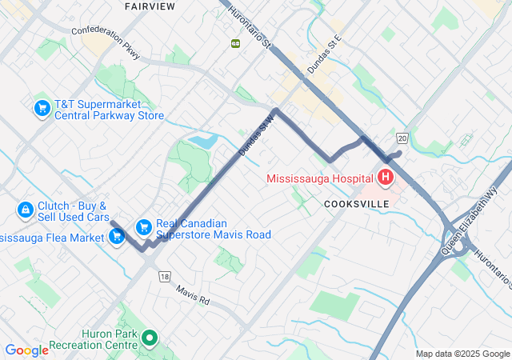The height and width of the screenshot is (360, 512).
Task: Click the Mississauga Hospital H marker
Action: [386, 177]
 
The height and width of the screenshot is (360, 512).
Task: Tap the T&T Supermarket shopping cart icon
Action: [42, 107]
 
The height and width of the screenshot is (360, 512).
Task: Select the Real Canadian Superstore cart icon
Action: [144, 227]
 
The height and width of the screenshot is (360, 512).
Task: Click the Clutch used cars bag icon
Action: [26, 210]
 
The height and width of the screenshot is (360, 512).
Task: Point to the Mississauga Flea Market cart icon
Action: [117, 236]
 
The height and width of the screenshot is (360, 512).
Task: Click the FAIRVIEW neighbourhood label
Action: [150, 6]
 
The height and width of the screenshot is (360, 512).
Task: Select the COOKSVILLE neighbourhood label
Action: [357, 204]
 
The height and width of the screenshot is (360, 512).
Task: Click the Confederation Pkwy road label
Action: [106, 42]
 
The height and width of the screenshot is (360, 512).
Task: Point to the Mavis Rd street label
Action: [192, 295]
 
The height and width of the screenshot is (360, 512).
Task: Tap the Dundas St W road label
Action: [256, 134]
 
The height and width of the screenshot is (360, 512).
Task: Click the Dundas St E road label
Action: [325, 54]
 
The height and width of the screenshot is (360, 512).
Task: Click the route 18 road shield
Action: [164, 276]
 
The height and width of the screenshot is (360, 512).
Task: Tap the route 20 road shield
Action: [402, 138]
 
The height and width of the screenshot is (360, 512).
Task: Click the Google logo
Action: [26, 350]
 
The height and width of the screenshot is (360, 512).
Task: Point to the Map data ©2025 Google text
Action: [462, 354]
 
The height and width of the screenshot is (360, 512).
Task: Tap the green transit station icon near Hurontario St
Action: [235, 43]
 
